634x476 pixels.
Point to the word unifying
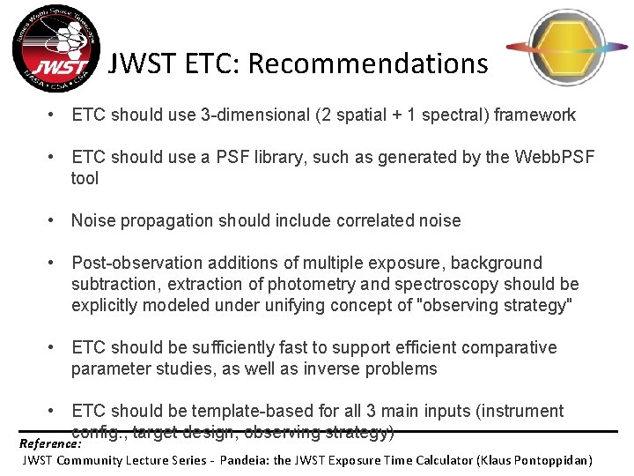[285, 305]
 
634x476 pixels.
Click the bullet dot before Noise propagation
[55, 220]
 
